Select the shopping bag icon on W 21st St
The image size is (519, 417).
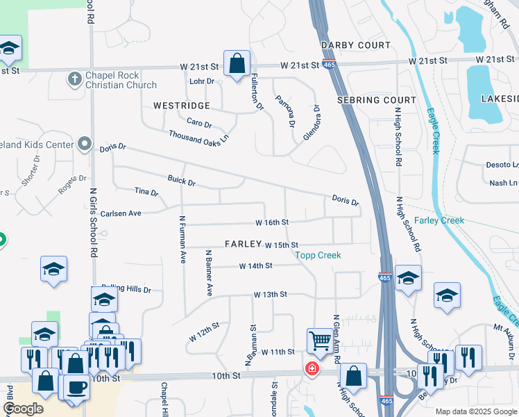coord(237,63)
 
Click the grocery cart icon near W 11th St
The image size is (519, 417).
coord(320,341)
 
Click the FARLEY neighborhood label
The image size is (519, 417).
coord(242,244)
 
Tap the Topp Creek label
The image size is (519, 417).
coord(318,255)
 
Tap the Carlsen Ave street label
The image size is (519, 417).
coord(121,213)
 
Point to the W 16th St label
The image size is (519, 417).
coord(271,222)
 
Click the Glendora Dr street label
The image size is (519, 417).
coord(310,122)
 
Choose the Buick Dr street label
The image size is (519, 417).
coord(182,181)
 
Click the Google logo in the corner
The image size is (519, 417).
coord(24,408)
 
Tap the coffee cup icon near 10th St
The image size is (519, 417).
coord(76,386)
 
